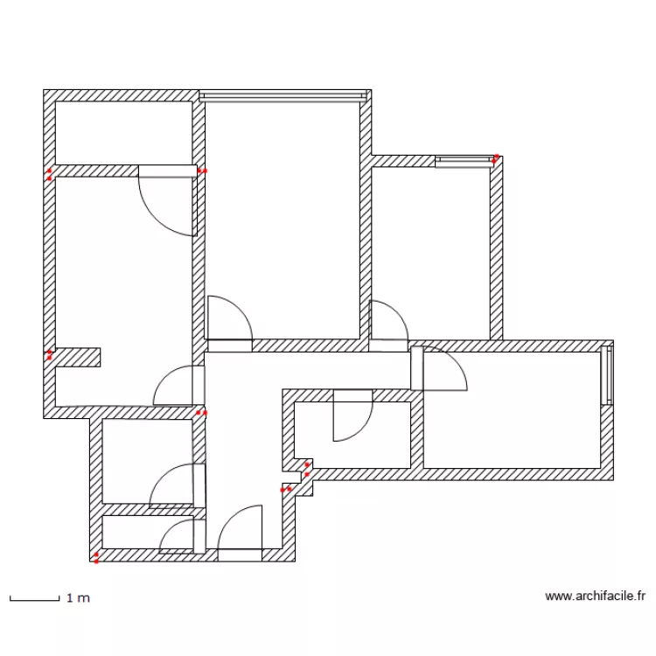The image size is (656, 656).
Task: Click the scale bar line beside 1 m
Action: click(x=33, y=599)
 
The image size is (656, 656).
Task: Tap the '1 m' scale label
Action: click(x=78, y=599)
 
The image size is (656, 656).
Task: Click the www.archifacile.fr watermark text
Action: click(x=595, y=597)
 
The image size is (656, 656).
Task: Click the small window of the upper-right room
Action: click(x=464, y=161)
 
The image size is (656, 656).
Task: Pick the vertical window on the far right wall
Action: click(x=607, y=375)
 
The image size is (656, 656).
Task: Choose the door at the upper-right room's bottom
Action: click(x=387, y=324)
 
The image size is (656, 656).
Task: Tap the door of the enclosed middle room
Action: click(x=352, y=416)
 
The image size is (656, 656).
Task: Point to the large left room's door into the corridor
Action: click(x=178, y=387)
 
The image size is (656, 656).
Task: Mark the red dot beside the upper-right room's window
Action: click(x=496, y=159)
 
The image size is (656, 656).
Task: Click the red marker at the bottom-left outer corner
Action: click(x=95, y=557)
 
